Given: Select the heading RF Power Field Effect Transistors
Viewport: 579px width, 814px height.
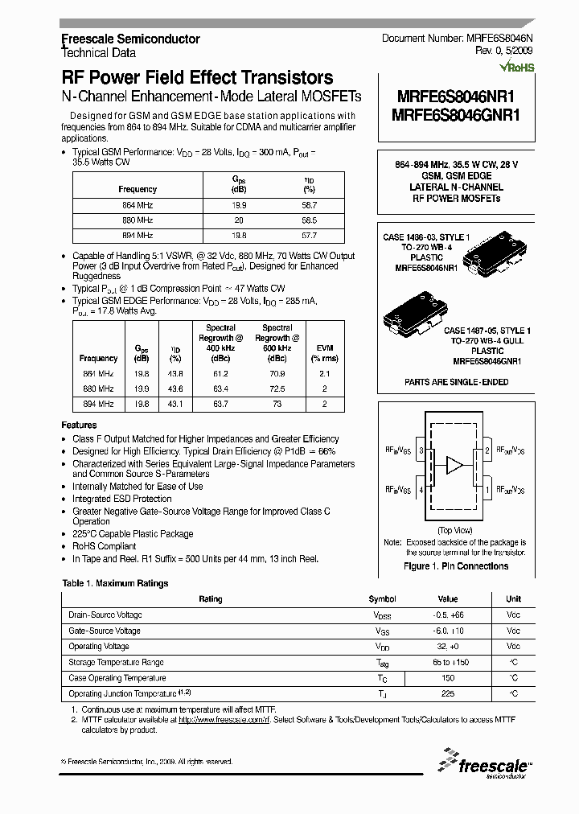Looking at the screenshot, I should pyautogui.click(x=197, y=78).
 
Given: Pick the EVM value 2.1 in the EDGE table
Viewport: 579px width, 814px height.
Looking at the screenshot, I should pyautogui.click(x=324, y=374).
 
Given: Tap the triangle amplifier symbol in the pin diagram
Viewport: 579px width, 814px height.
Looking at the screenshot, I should pyautogui.click(x=455, y=466).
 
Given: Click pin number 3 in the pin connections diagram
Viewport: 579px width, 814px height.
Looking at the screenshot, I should pyautogui.click(x=421, y=450).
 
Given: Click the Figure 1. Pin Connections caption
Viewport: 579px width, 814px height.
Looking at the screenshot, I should pyautogui.click(x=455, y=566).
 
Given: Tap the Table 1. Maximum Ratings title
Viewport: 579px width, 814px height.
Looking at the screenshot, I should pyautogui.click(x=116, y=583).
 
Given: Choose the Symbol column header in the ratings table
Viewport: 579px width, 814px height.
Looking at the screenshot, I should pyautogui.click(x=382, y=599).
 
